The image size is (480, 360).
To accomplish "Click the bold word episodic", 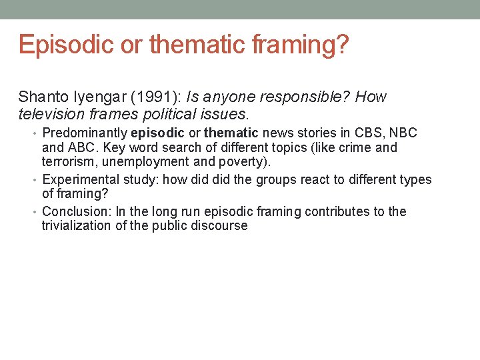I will pyautogui.click(x=157, y=133).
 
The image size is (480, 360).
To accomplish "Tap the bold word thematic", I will pyautogui.click(x=231, y=133).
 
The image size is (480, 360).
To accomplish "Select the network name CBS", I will pyautogui.click(x=363, y=133).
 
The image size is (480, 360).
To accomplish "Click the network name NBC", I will pyautogui.click(x=403, y=133).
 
